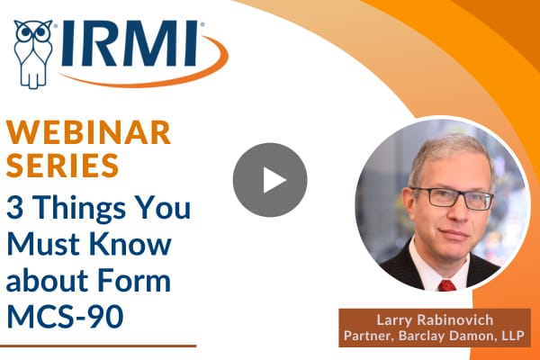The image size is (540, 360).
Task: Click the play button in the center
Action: pos(270,180)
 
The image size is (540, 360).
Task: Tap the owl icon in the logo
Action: pos(33,54)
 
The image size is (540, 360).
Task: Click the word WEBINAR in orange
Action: pos(88,132)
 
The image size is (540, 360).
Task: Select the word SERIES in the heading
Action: pos(62,166)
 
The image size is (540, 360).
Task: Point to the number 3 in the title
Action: pos(14,208)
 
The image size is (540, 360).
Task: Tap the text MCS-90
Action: pos(65,316)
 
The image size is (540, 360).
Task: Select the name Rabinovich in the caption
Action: pos(455,320)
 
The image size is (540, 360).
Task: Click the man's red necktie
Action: pos(447,285)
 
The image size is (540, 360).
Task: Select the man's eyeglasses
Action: pos(453,197)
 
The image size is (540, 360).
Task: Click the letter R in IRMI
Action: pos(101,43)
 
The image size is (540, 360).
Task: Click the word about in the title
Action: pos(48,280)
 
